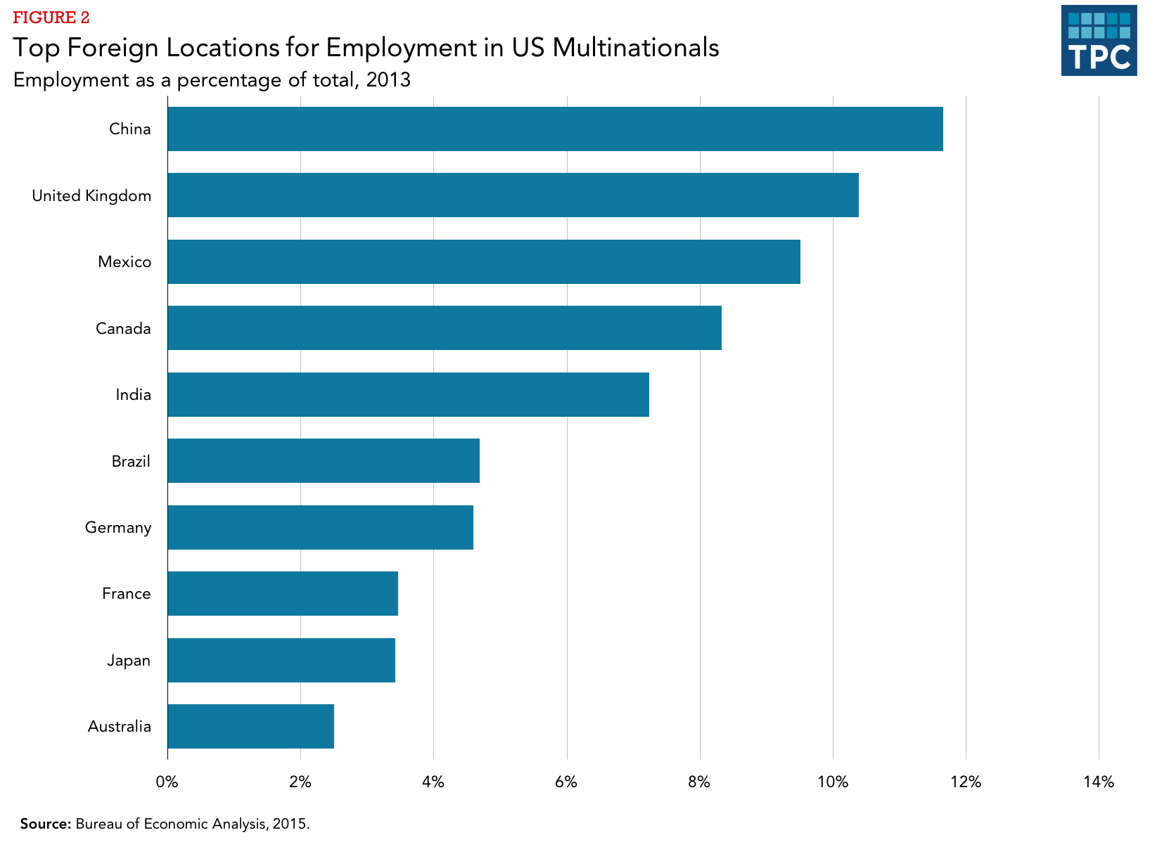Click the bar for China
click(555, 129)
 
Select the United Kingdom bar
click(513, 195)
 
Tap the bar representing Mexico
click(484, 261)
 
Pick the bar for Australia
click(250, 726)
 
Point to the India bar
click(408, 394)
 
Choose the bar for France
click(283, 593)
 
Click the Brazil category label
click(131, 461)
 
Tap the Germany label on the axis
click(118, 527)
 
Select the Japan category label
click(129, 660)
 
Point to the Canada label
click(123, 328)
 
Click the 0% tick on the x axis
click(167, 782)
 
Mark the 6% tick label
click(566, 782)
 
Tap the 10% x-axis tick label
click(833, 782)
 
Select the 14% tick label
click(1099, 782)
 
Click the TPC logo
click(1099, 41)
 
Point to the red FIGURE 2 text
click(51, 18)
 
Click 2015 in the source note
click(290, 823)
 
